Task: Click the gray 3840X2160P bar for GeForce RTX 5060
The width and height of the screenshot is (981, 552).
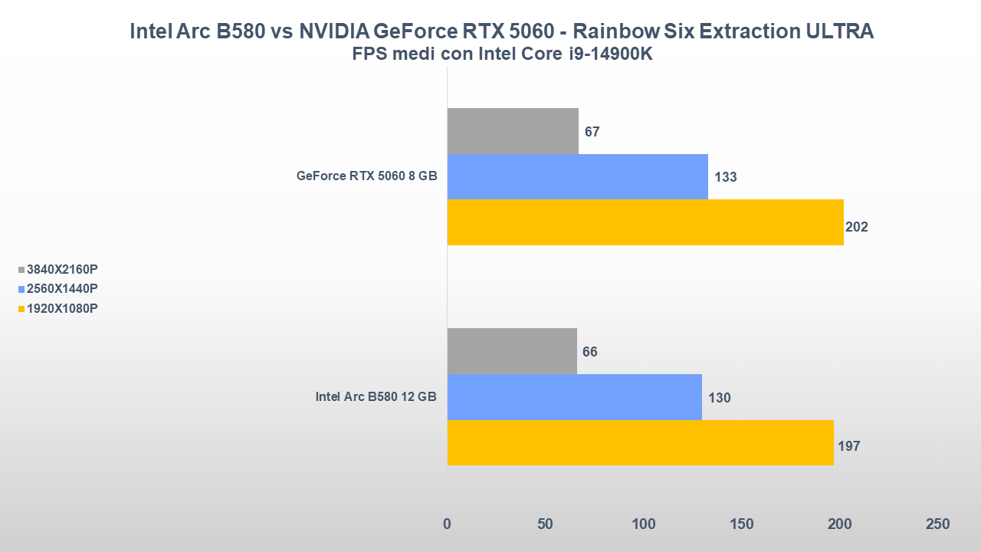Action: click(513, 131)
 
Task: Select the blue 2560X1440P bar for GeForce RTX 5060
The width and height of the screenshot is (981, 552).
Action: click(577, 176)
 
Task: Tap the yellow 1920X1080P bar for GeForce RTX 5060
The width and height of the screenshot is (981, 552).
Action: click(645, 222)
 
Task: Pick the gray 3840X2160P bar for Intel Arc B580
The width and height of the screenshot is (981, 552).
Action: click(512, 351)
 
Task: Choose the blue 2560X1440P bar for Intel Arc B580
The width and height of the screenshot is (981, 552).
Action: click(574, 397)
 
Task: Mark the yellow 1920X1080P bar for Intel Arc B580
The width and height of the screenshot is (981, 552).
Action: click(640, 442)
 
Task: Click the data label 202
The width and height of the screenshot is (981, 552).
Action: click(856, 227)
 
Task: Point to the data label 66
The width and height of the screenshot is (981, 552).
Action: click(589, 352)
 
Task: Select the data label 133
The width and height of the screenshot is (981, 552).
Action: click(725, 177)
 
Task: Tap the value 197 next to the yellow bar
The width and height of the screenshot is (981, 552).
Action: click(849, 446)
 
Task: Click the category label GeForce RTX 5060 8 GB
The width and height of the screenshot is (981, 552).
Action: click(366, 176)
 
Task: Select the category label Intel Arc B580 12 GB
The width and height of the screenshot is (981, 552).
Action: click(376, 396)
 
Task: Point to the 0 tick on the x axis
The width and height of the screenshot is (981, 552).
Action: click(448, 524)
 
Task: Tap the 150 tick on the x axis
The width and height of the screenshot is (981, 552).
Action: click(742, 524)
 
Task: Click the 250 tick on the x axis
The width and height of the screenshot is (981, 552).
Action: click(937, 524)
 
